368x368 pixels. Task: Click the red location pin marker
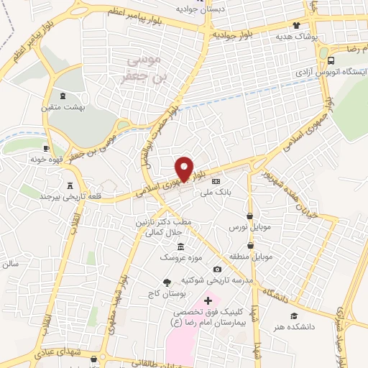click(x=184, y=168)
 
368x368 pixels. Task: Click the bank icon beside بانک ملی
click(x=216, y=181)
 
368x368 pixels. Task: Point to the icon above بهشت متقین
click(x=63, y=96)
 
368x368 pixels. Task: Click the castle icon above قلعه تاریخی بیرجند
click(x=70, y=185)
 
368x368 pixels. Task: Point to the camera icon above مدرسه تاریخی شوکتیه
click(x=217, y=269)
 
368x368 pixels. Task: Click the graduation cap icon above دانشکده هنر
click(x=293, y=316)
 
